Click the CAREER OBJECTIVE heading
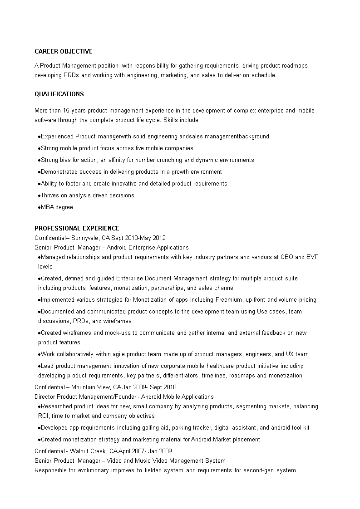[x=64, y=52]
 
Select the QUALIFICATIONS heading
[x=59, y=94]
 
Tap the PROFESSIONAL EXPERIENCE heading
[x=77, y=228]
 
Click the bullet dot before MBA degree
[x=39, y=208]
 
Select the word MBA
[x=47, y=207]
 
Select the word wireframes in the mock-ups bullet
[x=77, y=333]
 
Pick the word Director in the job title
[x=45, y=397]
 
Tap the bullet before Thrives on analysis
[x=39, y=196]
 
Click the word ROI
[x=44, y=416]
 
